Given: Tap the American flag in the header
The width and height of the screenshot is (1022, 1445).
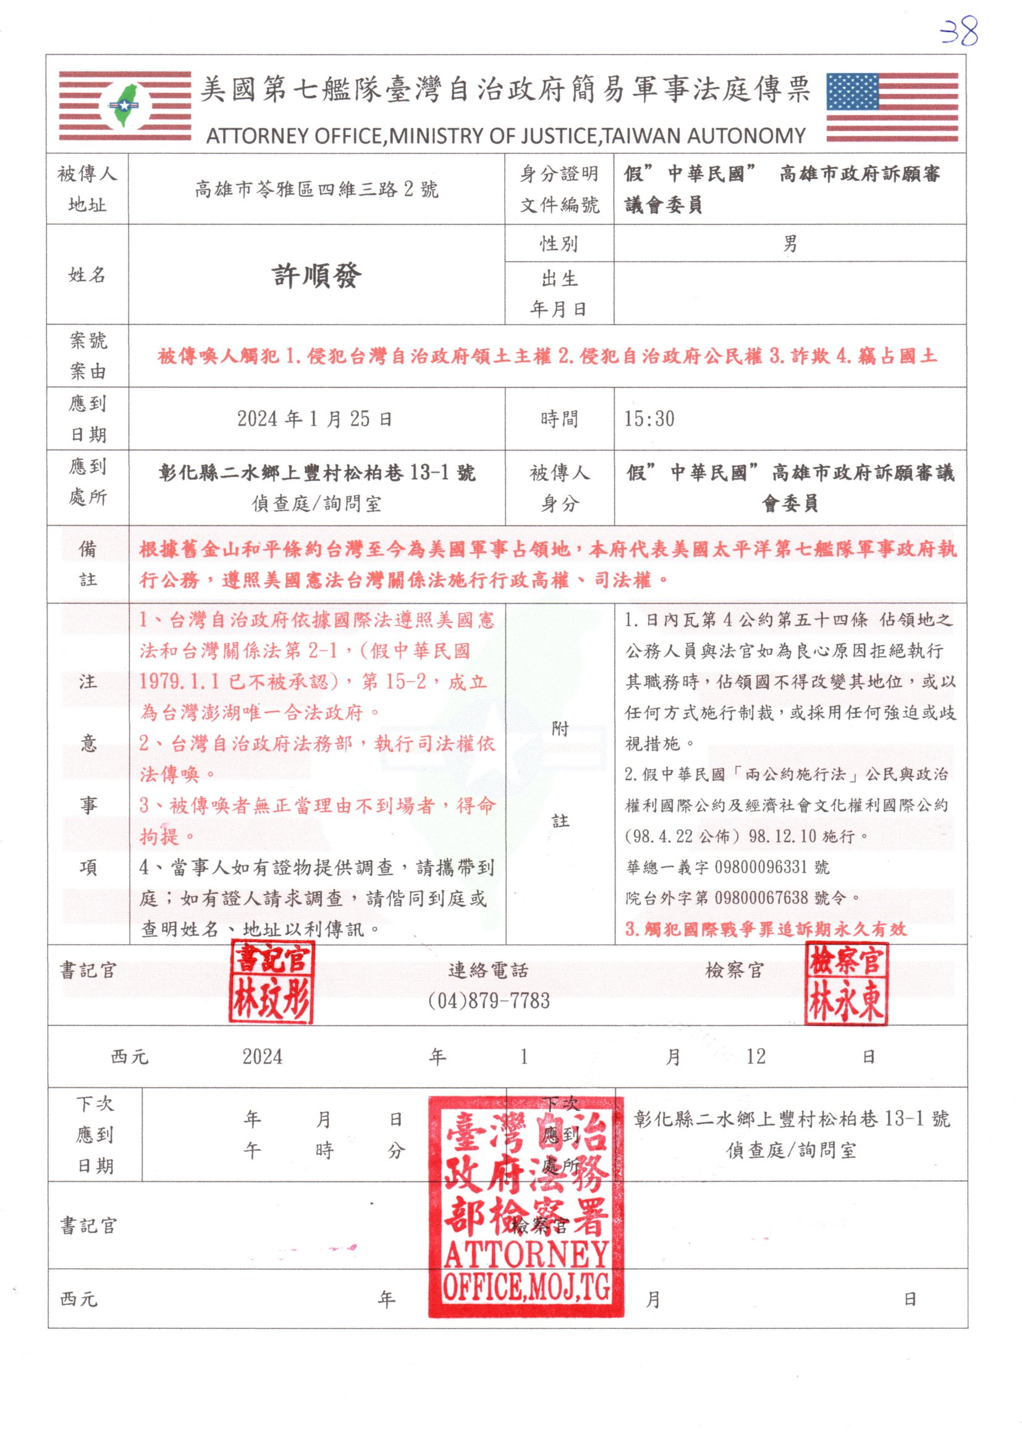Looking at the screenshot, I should tap(892, 107).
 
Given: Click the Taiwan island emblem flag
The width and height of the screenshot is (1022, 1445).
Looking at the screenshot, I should tap(125, 106).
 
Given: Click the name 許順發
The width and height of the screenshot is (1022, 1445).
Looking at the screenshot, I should tap(316, 276).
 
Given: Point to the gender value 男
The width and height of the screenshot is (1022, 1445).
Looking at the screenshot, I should tap(790, 244).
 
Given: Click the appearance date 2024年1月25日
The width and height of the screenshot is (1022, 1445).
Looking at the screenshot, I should tap(315, 418).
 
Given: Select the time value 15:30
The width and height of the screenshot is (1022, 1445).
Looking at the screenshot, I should tap(649, 418).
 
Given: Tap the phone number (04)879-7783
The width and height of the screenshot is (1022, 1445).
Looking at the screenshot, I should tap(488, 1001).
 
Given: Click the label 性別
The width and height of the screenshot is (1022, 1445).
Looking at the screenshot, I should tap(559, 244).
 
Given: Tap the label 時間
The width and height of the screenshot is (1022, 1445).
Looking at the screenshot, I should tap(559, 418).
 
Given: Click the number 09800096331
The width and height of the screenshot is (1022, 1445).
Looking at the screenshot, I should tap(761, 867).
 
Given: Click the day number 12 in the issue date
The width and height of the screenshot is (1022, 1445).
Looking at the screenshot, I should tap(756, 1057).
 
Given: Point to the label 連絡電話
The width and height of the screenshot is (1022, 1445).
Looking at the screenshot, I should tap(488, 970).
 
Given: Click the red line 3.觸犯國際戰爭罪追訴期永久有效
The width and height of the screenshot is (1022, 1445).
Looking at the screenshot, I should tap(766, 929).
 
